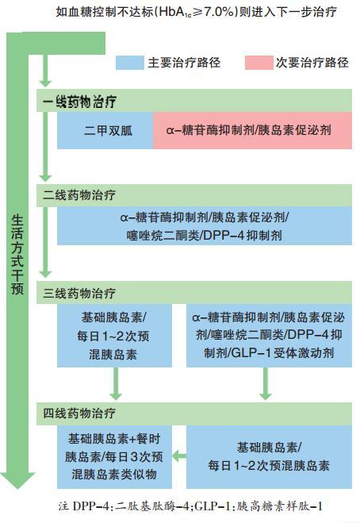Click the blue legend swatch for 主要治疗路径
130,63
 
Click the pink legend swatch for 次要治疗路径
259,63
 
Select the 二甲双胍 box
105,130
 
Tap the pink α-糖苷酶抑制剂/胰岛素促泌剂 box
252,130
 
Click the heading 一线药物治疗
79,101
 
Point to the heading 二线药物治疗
79,195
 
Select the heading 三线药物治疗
79,293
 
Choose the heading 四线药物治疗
79,413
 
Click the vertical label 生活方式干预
17,254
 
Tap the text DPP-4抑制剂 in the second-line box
243,236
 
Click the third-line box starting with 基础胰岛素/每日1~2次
114,335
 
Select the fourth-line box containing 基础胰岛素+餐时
114,456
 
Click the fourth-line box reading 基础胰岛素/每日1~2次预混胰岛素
269,456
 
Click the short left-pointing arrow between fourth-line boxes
179,456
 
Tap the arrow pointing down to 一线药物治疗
45,70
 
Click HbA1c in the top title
175,13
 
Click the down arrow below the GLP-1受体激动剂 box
266,383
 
